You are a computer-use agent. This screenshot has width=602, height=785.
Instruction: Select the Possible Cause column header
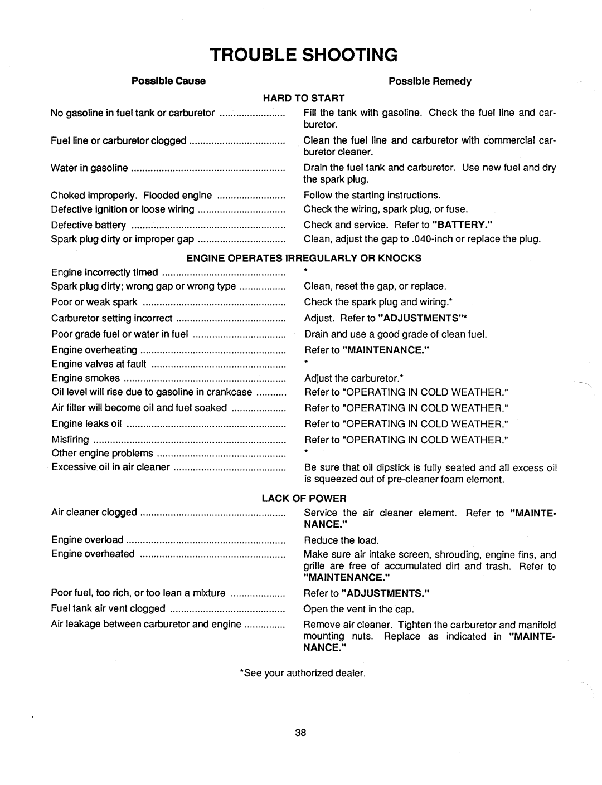pos(168,81)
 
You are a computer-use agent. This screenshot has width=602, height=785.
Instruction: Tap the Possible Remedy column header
pos(430,81)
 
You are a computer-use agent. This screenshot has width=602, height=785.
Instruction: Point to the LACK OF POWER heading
pos(304,498)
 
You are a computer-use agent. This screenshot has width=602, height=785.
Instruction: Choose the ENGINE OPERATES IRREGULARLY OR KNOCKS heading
pos(304,258)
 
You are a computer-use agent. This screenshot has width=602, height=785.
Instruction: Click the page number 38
pos(301,733)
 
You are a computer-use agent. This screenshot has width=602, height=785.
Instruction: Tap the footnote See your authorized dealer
pos(302,673)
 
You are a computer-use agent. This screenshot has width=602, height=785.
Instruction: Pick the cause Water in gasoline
pos(89,168)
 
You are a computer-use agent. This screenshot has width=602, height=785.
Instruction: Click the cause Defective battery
pos(89,225)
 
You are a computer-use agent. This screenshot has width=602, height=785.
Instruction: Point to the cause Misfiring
pos(70,440)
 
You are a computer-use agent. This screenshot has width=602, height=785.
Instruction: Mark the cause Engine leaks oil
pos(86,424)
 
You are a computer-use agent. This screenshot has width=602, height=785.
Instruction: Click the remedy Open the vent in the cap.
pos(359,608)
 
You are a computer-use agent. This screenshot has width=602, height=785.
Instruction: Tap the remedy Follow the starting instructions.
pos(372,195)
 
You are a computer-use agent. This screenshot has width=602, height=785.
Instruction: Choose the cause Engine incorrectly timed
pos(105,272)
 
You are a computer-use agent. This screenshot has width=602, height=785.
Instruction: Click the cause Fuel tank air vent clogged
pos(108,608)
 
